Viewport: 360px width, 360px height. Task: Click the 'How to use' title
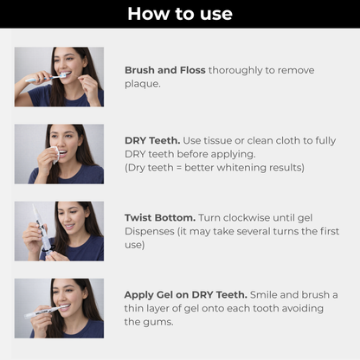[x=179, y=13]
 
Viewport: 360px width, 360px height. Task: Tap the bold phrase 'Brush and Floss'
[x=164, y=70]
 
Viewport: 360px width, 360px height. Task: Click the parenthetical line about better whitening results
[x=214, y=168]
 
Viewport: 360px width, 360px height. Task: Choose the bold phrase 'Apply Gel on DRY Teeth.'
[x=186, y=294]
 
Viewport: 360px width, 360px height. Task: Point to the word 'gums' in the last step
[x=160, y=322]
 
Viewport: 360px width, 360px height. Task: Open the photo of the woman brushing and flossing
[x=59, y=76]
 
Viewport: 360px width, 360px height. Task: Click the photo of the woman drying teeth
[x=59, y=153]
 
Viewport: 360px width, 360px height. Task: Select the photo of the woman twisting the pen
[x=59, y=231]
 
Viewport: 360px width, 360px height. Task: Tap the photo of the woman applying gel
[x=59, y=307]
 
